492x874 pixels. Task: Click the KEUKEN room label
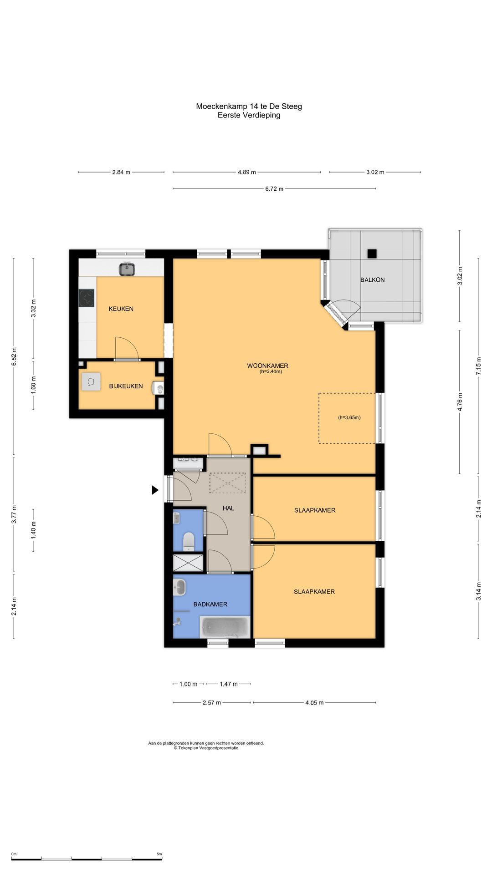click(121, 309)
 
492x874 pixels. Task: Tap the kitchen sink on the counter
click(127, 269)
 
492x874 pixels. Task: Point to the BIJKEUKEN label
click(126, 386)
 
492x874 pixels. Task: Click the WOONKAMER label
click(267, 366)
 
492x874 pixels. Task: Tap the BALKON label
click(372, 280)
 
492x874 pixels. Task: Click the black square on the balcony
click(373, 254)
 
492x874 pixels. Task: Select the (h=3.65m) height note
click(349, 417)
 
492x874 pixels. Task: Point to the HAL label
click(228, 508)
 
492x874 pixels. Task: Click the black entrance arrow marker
click(155, 490)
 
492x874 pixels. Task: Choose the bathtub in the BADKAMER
click(225, 627)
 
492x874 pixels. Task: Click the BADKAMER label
click(210, 604)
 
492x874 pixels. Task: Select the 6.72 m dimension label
click(274, 189)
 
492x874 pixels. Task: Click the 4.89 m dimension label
click(246, 173)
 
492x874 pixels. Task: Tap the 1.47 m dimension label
click(228, 684)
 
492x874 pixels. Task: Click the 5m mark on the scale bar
click(159, 854)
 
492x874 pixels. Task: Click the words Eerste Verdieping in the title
click(249, 115)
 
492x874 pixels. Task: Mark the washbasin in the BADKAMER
click(179, 587)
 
